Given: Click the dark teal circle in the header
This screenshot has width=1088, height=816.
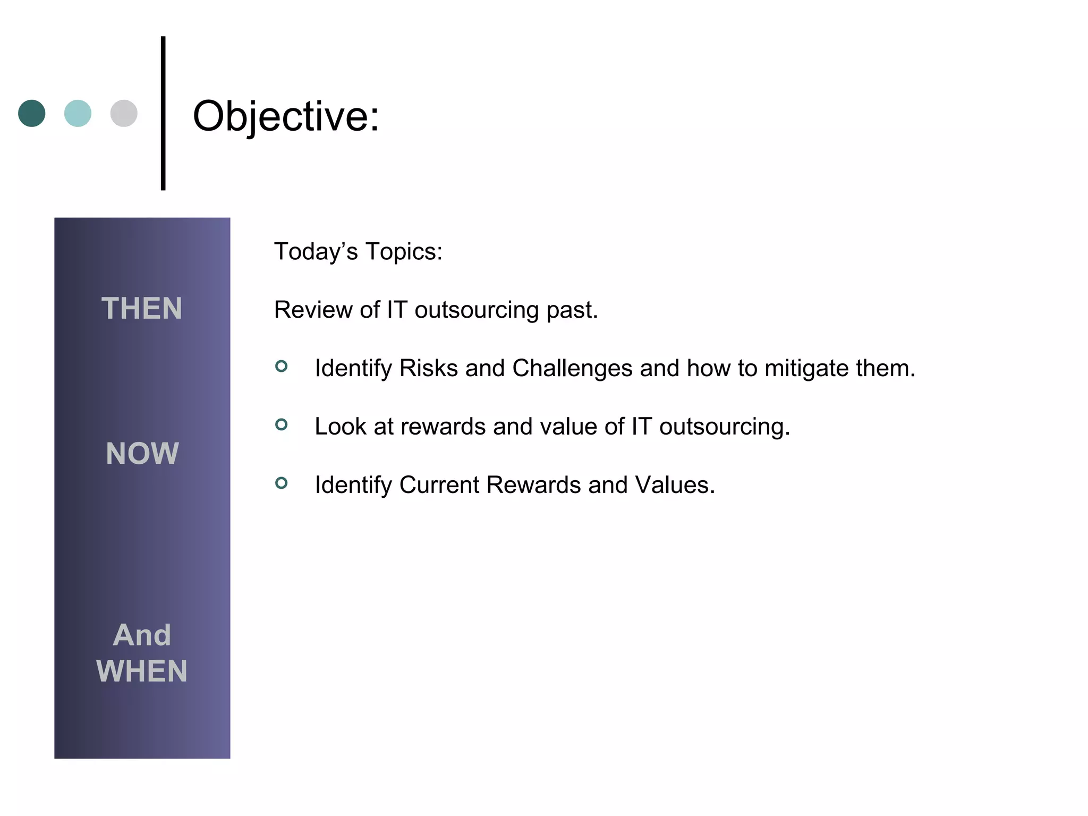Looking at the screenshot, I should point(32,113).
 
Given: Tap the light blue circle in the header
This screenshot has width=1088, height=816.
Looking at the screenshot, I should point(78,113).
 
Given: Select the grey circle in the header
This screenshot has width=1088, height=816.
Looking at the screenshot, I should point(124,113).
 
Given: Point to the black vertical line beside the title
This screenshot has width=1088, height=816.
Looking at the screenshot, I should point(163,113).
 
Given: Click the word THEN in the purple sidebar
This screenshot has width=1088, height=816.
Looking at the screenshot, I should point(142,309).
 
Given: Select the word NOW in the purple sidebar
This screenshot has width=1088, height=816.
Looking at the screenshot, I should point(142,454).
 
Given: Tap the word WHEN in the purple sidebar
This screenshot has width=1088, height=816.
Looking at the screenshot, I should point(142,671).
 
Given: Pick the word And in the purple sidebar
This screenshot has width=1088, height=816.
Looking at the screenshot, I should point(142,635).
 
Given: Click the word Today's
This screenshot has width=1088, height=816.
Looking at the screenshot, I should point(316,251).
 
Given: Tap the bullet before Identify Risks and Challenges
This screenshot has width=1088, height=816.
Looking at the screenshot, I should point(282,366).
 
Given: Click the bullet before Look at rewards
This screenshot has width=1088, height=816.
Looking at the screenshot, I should point(282,424).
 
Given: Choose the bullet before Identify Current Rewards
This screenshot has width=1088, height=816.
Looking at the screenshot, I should point(282,483).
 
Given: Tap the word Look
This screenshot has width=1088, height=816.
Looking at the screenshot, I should point(340,427).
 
